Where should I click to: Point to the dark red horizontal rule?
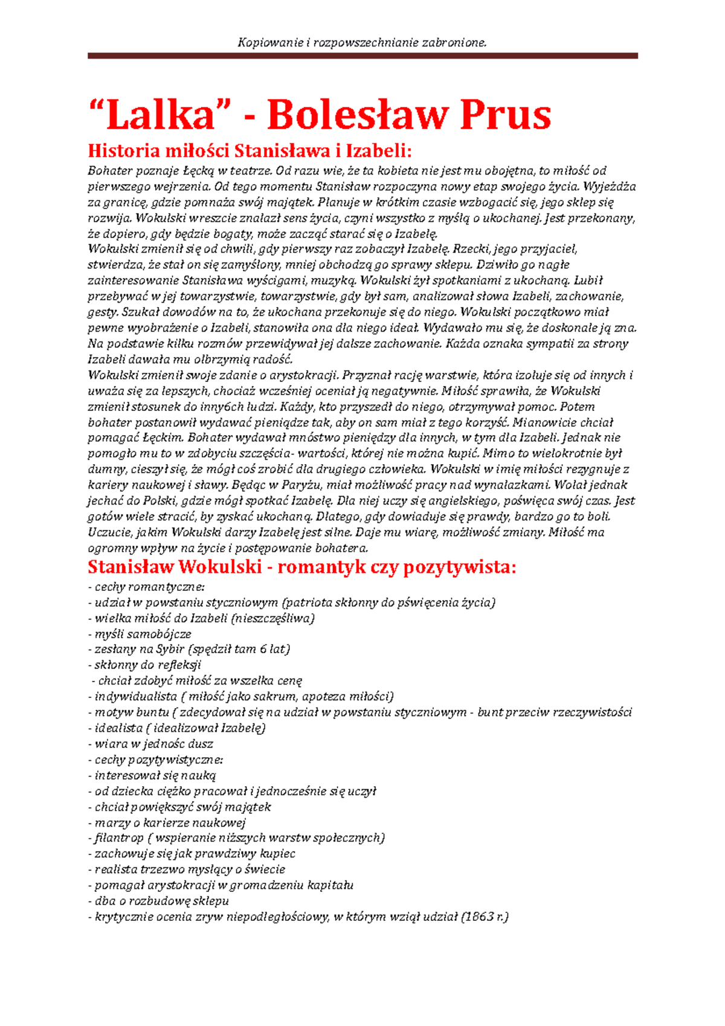362,56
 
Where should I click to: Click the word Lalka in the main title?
160,115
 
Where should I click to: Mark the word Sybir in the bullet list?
170,650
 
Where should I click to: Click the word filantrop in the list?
119,838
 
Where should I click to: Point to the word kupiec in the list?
277,854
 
